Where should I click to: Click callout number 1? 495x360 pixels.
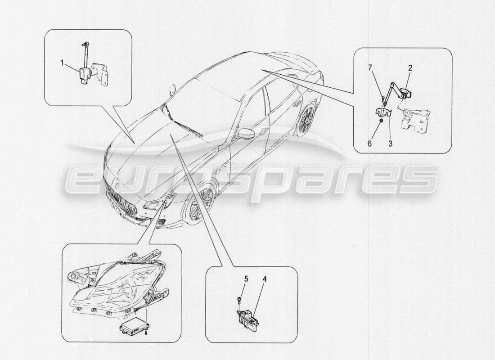pos(63,63)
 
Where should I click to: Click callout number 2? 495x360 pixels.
pos(410,68)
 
